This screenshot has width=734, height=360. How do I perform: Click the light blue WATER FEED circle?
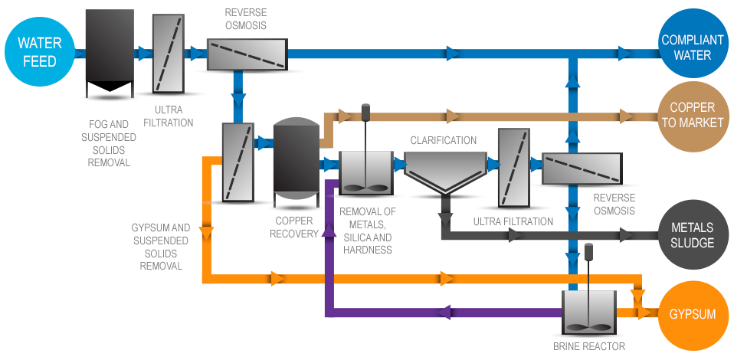(38, 53)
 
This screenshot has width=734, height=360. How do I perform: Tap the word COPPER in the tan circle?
(692, 108)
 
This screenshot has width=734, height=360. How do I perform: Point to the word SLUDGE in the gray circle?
(692, 243)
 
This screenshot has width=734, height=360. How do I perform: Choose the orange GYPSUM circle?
(692, 315)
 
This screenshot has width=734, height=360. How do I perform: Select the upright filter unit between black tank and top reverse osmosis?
(169, 54)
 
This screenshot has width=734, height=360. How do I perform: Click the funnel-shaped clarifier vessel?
(444, 172)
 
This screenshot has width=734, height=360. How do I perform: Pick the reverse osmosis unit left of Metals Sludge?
(581, 169)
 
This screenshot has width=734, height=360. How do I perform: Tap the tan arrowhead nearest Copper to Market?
(627, 116)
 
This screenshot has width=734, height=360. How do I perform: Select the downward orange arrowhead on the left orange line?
(206, 231)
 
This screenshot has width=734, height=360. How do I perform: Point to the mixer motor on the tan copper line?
(365, 112)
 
